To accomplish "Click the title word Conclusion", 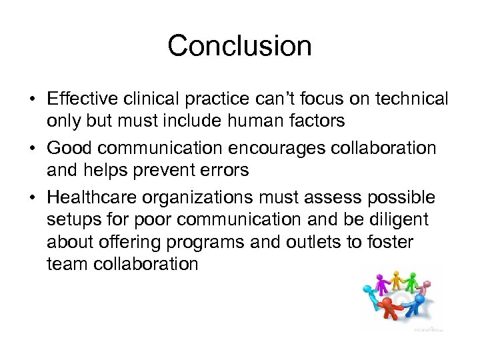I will tap(239, 46).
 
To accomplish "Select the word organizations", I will tap(221, 197).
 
